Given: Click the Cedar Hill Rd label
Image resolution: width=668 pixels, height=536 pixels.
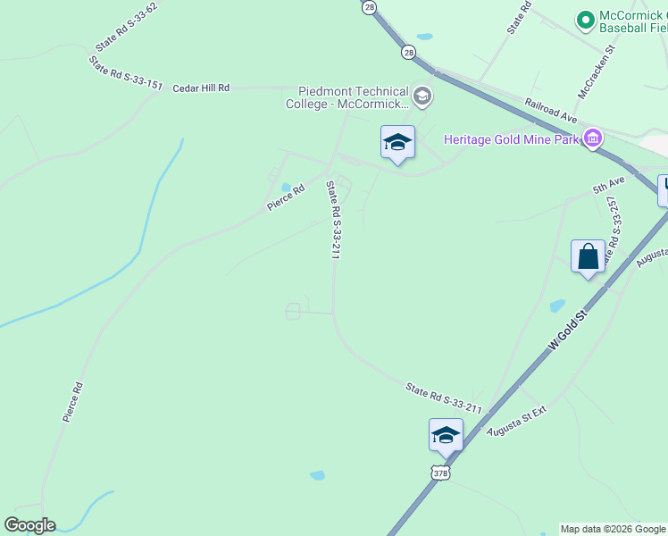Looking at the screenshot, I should tap(201, 88).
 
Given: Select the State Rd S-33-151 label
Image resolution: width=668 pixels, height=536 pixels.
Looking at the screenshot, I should tap(125, 73).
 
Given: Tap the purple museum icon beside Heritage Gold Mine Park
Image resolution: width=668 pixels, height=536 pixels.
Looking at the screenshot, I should tap(591, 138).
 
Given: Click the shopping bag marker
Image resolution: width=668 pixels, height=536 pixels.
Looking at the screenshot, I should tap(589, 257).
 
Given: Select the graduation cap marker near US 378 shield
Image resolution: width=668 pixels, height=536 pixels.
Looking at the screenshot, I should tap(446, 435).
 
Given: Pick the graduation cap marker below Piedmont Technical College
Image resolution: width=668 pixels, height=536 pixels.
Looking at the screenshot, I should tap(397, 142).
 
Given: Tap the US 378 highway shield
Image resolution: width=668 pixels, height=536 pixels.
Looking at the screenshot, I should tap(439, 472).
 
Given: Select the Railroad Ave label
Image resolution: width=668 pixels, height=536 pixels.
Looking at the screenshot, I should tap(552, 110).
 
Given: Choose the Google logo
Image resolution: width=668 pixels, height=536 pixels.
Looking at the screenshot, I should tap(29, 525).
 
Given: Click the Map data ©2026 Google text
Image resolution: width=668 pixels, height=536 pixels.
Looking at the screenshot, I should tap(613, 529).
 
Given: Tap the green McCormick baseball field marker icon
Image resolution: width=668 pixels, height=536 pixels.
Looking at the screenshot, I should tap(586, 19).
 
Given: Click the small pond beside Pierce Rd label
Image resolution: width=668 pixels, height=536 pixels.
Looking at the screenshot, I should tap(285, 188).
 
